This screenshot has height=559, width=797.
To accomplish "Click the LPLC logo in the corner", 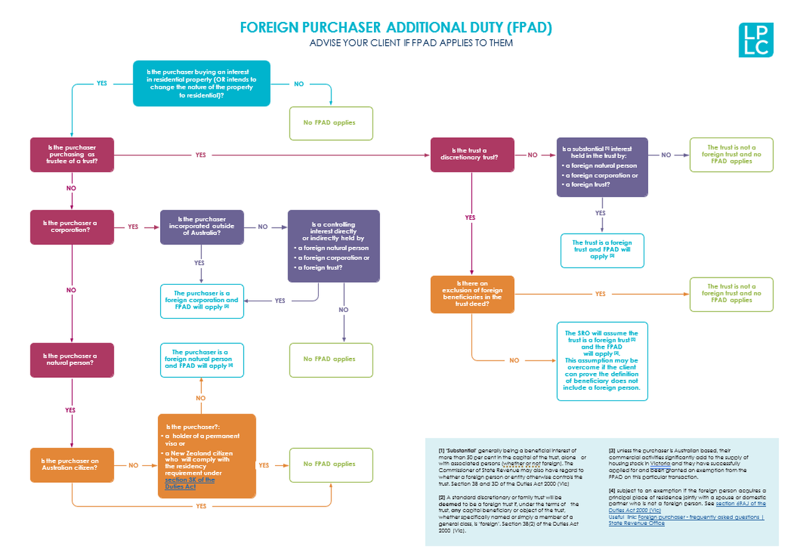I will pos(756,40).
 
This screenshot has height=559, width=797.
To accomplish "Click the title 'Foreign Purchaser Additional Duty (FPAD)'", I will pos(396,28).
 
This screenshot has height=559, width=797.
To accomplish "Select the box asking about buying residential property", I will pos(202,84).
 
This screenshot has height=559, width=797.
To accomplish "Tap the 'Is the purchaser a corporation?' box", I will pos(72,226).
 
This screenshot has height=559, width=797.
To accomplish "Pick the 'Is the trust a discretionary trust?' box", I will pos(472,154).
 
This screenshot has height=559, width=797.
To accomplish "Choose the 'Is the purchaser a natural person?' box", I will pos(72,359).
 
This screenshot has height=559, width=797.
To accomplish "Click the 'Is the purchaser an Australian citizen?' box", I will pos(72,464).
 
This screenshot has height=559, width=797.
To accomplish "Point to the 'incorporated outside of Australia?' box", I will pos(202,226).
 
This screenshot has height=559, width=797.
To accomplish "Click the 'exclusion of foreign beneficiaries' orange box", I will pos(472,293).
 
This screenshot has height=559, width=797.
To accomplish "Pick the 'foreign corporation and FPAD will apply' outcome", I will pos(202,300).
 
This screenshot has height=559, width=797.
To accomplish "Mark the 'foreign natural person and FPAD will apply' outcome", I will pos(202,359).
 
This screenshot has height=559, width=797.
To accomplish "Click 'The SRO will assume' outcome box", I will pos(601,360).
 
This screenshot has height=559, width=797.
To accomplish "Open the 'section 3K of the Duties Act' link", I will pos(190,483).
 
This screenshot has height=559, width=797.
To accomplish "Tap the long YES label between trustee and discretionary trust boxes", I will pos(201,155).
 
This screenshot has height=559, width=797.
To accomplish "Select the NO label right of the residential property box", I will pos(299,84).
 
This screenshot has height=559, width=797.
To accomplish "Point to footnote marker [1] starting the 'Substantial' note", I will pos(442,451).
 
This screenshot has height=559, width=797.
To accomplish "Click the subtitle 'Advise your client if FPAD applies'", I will pos(411,43).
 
